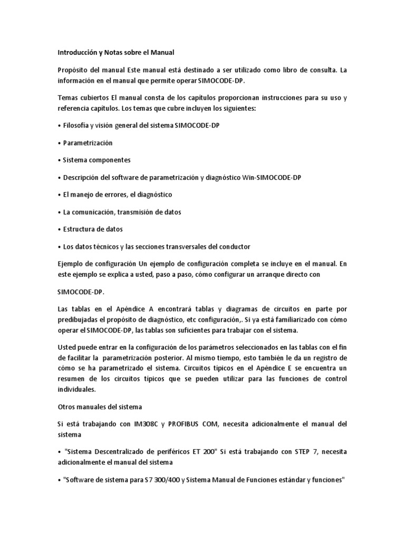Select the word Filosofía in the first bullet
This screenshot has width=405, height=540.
coord(78,126)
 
